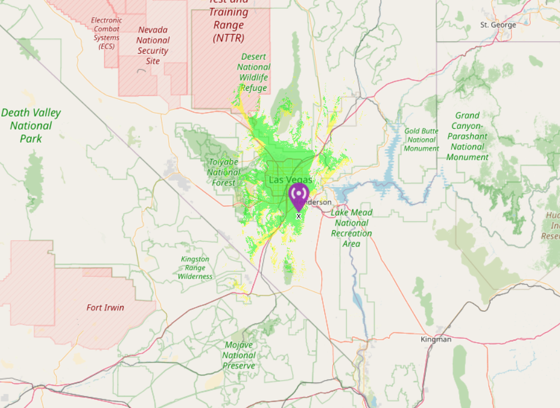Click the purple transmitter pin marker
tap(299, 196)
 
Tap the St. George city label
tap(498, 25)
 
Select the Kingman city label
tap(436, 339)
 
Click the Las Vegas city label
tap(290, 180)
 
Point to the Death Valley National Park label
tap(31, 125)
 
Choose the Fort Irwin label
tap(105, 307)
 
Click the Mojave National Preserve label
tap(239, 355)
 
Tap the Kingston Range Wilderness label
tap(195, 268)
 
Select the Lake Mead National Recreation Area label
tap(351, 228)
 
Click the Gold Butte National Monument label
tap(421, 140)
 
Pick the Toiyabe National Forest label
tap(223, 172)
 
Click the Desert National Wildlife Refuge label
tap(254, 72)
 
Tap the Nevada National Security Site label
tap(153, 45)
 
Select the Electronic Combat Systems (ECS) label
tap(107, 33)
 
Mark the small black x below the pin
tap(299, 216)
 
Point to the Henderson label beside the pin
tap(320, 202)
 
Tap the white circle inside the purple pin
tap(299, 192)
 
